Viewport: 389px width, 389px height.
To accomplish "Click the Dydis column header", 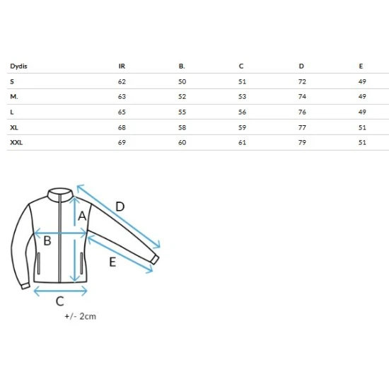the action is [x=18, y=66].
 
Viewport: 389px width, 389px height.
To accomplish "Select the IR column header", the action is [x=122, y=66].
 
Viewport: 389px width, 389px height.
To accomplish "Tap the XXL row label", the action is [x=16, y=143].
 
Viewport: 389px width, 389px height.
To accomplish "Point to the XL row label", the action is [x=14, y=127].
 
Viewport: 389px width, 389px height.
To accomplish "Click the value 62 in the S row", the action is [x=122, y=81].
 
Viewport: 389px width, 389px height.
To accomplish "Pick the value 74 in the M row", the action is [x=302, y=96].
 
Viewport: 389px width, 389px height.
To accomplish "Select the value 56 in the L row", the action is [x=242, y=112].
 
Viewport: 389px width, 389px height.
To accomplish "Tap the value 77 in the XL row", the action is [x=302, y=127].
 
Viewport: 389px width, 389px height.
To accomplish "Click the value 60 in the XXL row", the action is [x=182, y=143].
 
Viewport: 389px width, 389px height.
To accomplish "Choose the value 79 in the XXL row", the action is [x=302, y=143].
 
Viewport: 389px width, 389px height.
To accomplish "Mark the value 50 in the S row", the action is [x=182, y=81].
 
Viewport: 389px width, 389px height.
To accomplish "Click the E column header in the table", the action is [x=361, y=66].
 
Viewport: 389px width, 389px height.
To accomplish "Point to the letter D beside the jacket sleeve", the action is [x=120, y=207].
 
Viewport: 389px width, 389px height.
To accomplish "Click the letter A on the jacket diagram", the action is [x=82, y=216].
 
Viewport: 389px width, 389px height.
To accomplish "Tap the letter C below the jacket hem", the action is [x=60, y=301].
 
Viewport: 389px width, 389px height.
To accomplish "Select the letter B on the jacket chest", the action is [x=47, y=240].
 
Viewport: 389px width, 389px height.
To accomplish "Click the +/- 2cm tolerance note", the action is [x=80, y=316].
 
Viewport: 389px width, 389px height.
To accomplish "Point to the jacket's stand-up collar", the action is [x=60, y=195].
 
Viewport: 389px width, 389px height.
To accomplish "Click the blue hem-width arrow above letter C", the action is [x=60, y=291].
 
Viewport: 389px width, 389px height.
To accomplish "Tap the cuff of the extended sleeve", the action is [x=155, y=260].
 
